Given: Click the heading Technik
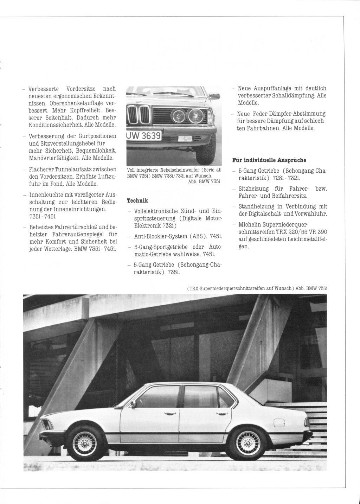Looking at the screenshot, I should pyautogui.click(x=137, y=201).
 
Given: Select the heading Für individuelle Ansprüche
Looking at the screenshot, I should pyautogui.click(x=269, y=160).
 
